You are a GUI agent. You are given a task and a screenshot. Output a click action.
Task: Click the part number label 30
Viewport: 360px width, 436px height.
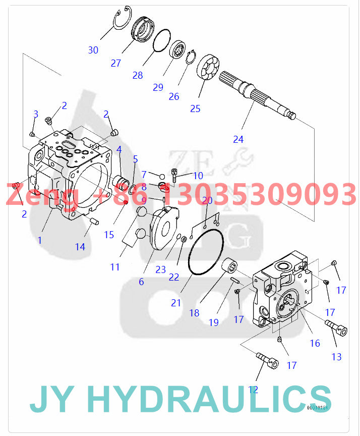[x=93, y=50]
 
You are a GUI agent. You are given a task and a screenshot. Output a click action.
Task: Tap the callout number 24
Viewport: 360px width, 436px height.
[x=238, y=139]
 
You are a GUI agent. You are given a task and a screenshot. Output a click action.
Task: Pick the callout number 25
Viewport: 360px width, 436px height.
[x=195, y=108]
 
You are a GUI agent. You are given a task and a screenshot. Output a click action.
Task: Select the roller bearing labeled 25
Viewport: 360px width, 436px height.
[x=207, y=67]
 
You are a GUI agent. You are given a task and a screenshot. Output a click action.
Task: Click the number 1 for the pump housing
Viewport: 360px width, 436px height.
[x=40, y=240]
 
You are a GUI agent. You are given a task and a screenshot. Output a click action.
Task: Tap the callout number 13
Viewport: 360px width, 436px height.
[x=336, y=357]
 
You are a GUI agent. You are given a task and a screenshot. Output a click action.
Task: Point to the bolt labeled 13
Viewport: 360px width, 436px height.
[x=336, y=328]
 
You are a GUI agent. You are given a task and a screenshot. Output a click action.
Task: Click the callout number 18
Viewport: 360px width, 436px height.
[x=194, y=313]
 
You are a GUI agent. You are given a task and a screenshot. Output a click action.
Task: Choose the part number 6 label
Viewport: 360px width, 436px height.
[x=141, y=282]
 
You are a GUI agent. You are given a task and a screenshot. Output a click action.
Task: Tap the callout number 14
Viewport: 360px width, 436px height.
[x=80, y=247]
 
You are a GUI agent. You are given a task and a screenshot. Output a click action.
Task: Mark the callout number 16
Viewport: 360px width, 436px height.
[x=315, y=343]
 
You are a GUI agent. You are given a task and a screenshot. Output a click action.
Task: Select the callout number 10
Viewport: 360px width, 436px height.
[x=198, y=176]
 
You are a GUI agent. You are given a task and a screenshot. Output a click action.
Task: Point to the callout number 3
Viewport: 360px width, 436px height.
[x=36, y=114]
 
